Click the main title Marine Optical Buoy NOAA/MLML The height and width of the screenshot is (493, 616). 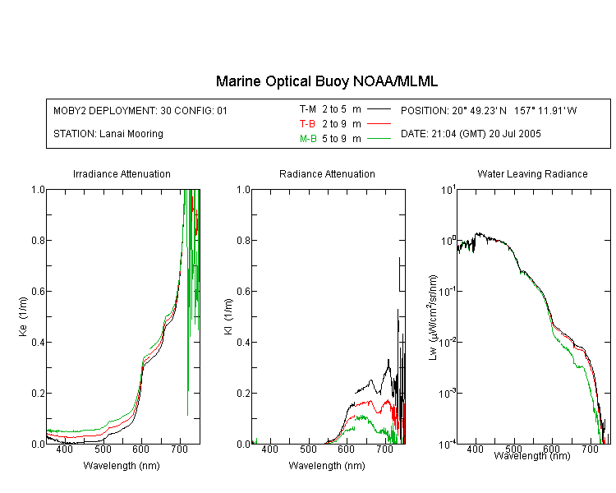[x=326, y=82]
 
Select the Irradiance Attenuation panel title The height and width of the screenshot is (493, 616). [x=122, y=173]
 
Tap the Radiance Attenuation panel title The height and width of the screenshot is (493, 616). [x=327, y=173]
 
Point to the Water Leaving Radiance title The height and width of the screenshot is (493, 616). [x=532, y=173]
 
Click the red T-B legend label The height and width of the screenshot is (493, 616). [x=307, y=124]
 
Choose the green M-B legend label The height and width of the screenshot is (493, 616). [x=308, y=139]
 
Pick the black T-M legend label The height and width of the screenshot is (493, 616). [x=308, y=109]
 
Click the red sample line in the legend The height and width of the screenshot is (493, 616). [x=379, y=124]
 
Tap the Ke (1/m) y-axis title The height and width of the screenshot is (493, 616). [x=23, y=316]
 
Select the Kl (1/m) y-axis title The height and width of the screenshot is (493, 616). [x=228, y=316]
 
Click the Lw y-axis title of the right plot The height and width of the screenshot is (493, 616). [x=433, y=317]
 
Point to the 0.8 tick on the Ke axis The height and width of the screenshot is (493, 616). [x=38, y=240]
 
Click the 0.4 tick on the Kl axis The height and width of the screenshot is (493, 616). [x=244, y=342]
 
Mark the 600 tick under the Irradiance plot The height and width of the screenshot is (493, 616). [x=141, y=449]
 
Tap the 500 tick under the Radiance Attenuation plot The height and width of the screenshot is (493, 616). [x=308, y=449]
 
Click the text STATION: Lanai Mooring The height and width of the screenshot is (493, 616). [x=108, y=134]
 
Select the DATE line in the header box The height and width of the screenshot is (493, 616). [x=471, y=134]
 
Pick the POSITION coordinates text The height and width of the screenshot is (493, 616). [x=489, y=110]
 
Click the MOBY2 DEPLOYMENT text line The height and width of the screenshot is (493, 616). [x=140, y=110]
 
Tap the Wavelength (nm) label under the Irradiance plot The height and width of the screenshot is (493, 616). [x=122, y=466]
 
